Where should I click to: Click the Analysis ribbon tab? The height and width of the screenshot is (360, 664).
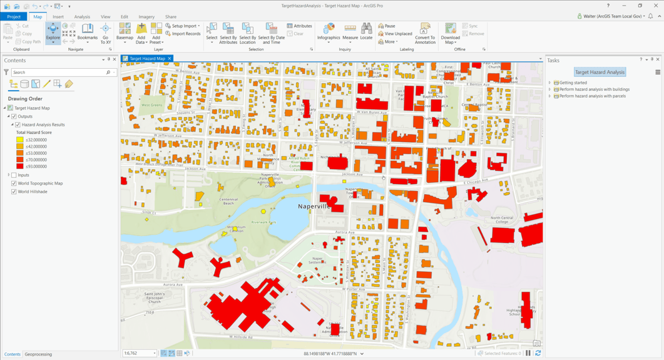(82, 17)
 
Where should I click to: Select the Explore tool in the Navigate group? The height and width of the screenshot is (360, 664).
(53, 32)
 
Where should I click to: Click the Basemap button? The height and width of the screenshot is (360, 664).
(125, 32)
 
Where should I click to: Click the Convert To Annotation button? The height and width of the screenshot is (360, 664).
(425, 33)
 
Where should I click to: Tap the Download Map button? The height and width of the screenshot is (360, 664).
(451, 33)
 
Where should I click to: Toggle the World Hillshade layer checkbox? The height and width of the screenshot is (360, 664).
(14, 192)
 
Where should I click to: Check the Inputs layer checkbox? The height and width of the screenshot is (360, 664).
(14, 175)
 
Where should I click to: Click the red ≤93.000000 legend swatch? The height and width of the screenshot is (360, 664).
(19, 167)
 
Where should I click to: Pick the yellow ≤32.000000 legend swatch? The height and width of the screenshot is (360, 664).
(19, 140)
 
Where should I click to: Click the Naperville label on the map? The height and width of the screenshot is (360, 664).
(313, 206)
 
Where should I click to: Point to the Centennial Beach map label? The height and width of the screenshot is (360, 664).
(228, 201)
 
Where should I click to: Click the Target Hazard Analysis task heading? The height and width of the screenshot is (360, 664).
(600, 72)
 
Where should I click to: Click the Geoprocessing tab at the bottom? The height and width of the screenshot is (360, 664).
(38, 354)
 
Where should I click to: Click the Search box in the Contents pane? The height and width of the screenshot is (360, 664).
(60, 73)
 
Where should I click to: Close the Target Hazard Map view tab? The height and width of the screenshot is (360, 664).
(170, 59)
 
